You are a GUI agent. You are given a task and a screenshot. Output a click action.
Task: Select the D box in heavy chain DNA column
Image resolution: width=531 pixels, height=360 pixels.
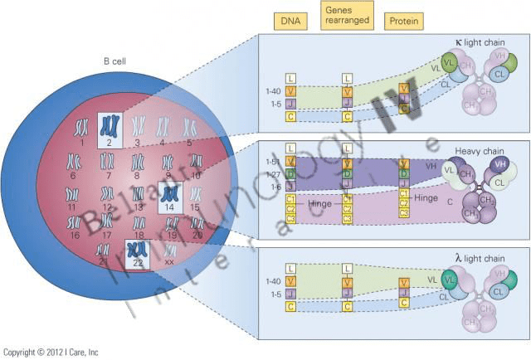tap(290, 173)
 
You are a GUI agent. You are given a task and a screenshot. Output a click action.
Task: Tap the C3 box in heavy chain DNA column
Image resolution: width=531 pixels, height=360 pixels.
tap(290, 218)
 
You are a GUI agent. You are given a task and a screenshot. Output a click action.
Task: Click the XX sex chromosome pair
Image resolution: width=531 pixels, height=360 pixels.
tap(169, 251)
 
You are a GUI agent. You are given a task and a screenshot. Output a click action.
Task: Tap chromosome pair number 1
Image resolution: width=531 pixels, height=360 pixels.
tap(81, 128)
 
